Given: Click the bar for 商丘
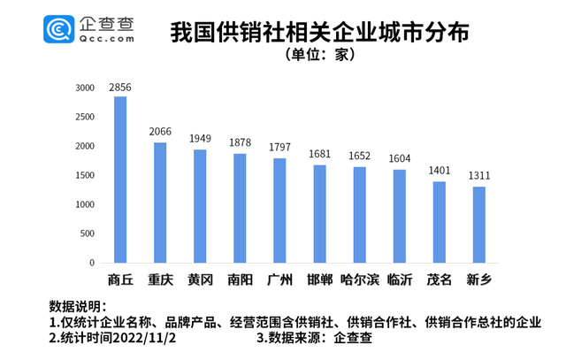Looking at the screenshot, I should click(119, 180).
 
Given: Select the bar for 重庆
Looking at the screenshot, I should click(160, 203).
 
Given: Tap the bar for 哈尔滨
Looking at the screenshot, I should click(359, 215).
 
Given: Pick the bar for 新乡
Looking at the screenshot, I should click(479, 225).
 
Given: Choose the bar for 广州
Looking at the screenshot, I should click(279, 211).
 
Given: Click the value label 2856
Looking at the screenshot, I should click(119, 88).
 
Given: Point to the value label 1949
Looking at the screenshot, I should click(200, 140).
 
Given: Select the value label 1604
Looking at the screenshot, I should click(400, 160).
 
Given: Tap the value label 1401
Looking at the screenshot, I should click(440, 172).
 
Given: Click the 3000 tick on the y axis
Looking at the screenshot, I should click(85, 88).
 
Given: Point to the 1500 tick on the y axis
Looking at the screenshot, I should click(85, 176).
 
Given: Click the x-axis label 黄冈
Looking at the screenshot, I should click(200, 280).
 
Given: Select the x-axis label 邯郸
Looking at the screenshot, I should click(319, 280).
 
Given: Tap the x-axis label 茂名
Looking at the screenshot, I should click(440, 280).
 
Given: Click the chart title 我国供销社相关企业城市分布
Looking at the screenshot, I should click(318, 31).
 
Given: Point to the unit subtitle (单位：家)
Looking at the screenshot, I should click(318, 55).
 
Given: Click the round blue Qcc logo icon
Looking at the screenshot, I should click(59, 30).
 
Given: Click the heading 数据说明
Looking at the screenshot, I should click(75, 305).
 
